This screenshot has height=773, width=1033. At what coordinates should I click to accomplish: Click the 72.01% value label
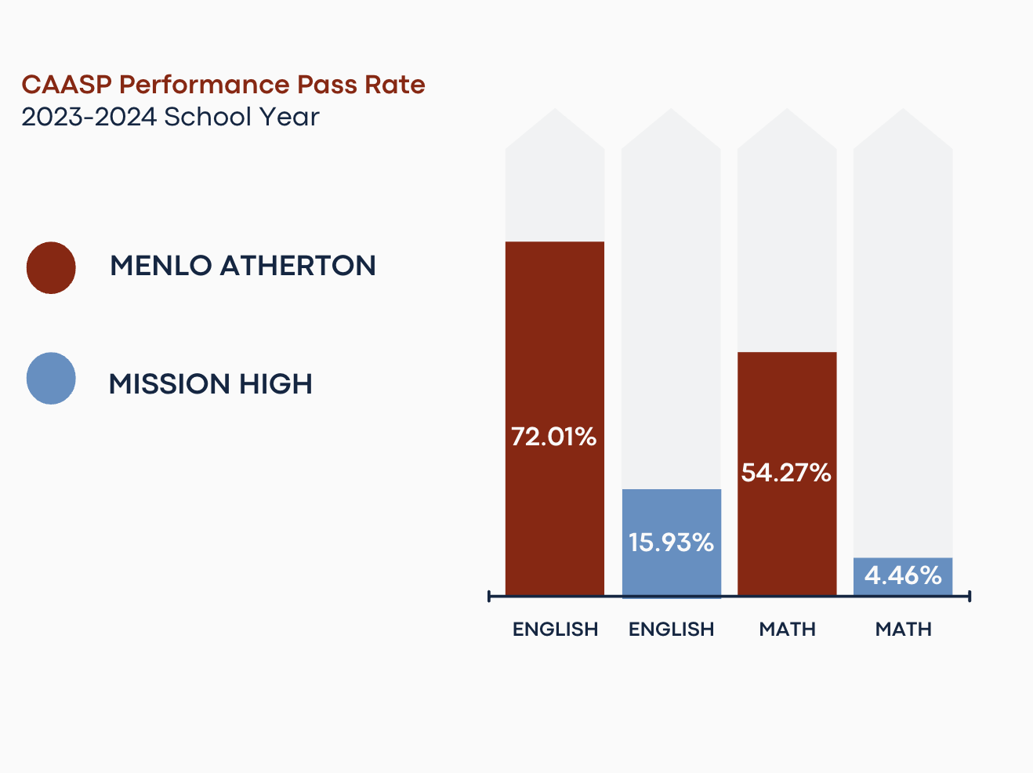554,437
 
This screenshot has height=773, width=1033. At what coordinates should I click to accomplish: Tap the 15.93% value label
671,542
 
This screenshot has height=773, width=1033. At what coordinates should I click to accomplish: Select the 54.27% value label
786,473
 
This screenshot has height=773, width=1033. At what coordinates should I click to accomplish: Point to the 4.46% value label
903,575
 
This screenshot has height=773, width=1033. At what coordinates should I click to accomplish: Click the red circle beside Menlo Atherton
51,267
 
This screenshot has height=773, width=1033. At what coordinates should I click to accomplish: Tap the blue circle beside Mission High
51,379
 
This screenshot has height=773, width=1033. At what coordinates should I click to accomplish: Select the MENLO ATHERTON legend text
243,266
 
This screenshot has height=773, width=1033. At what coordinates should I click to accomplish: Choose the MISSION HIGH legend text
211,384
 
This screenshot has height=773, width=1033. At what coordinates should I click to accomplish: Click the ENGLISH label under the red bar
555,630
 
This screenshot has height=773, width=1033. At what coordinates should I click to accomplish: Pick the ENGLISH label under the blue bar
671,630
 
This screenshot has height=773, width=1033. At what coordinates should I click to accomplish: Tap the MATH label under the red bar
787,630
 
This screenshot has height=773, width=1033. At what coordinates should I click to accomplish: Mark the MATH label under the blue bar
903,630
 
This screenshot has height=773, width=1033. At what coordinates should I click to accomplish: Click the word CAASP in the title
67,85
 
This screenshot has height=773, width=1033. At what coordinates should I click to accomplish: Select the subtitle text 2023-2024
89,117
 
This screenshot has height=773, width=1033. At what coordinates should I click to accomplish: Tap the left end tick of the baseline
489,597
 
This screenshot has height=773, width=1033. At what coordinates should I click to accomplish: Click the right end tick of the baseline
970,597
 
